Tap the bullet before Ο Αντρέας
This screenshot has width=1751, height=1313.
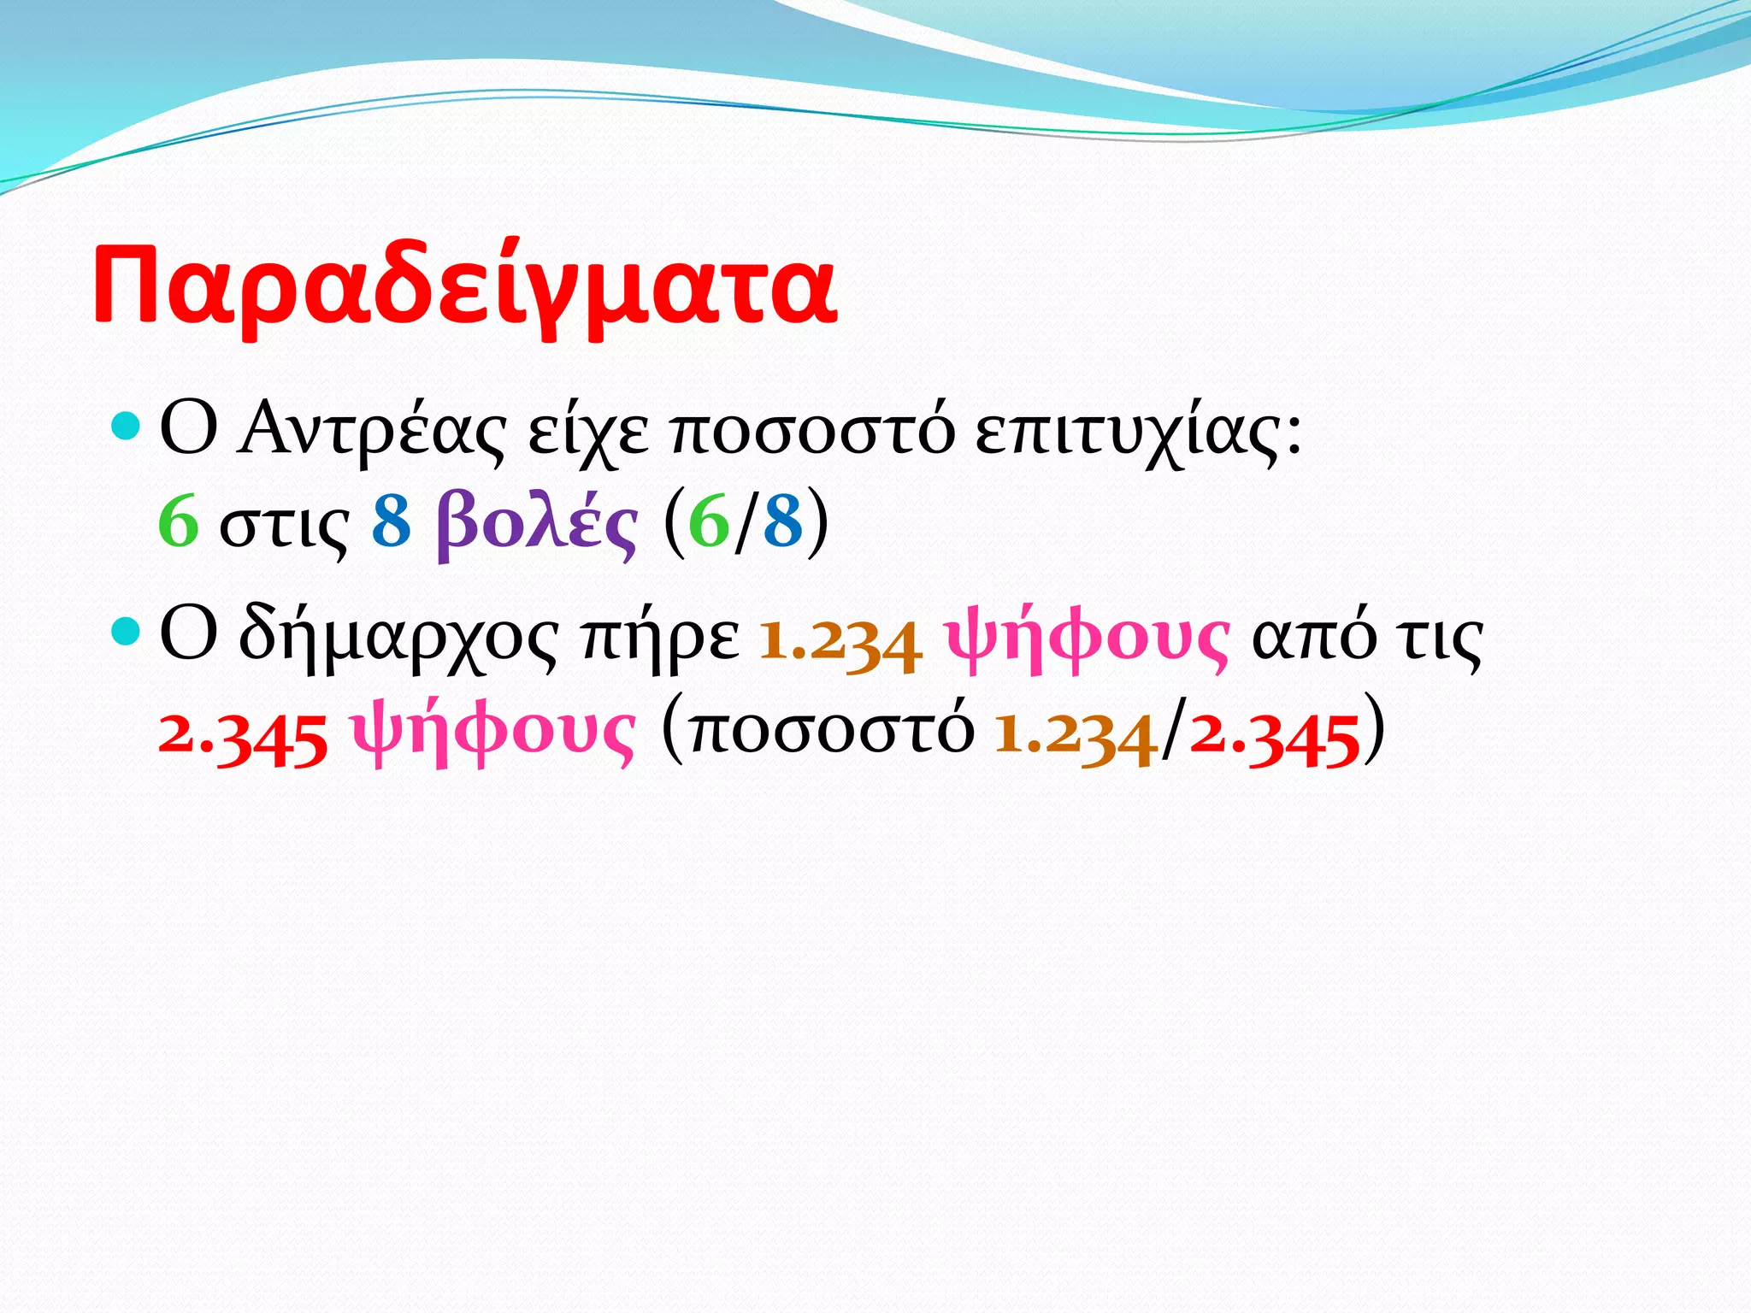pyautogui.click(x=126, y=425)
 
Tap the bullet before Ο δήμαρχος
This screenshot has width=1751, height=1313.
pyautogui.click(x=126, y=632)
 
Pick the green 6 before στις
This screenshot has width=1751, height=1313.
pyautogui.click(x=179, y=522)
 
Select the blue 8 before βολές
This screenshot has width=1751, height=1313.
pyautogui.click(x=392, y=522)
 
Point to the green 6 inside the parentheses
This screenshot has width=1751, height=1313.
pyautogui.click(x=709, y=522)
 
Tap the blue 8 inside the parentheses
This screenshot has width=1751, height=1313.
pyautogui.click(x=783, y=522)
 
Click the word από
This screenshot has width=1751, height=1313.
pyautogui.click(x=1313, y=637)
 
